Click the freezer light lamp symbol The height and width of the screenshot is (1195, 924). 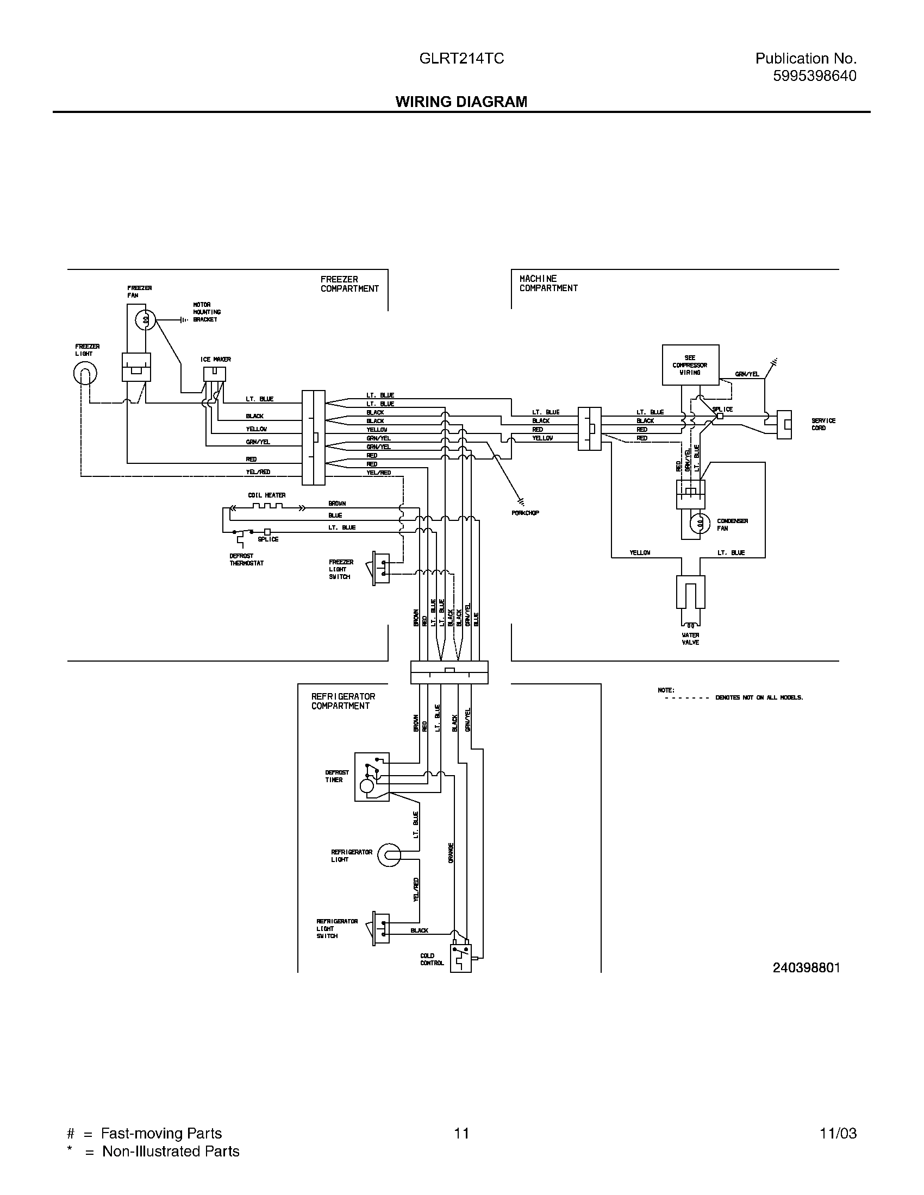[85, 374]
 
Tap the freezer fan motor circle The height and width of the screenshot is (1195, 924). [146, 320]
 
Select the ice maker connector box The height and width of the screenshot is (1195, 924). [215, 374]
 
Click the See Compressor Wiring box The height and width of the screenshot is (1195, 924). [690, 365]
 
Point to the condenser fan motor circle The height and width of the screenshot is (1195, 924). [699, 524]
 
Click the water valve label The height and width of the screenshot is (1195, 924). [690, 639]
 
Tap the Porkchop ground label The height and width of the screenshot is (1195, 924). [525, 513]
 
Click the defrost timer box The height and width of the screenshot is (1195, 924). [372, 777]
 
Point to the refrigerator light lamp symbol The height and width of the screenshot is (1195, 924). [390, 855]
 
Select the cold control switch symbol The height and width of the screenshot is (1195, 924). [460, 958]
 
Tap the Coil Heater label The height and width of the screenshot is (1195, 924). [266, 495]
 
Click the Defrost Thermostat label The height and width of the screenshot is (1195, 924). [246, 559]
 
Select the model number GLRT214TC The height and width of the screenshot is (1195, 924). [461, 59]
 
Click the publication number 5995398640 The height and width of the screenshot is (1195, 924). [815, 76]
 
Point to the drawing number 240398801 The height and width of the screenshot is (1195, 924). [806, 968]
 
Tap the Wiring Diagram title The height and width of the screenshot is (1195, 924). [461, 102]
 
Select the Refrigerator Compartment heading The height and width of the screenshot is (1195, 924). [343, 701]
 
